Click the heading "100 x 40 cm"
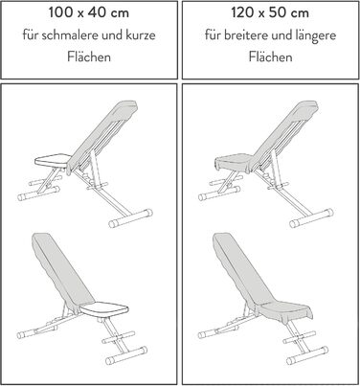pyautogui.click(x=89, y=12)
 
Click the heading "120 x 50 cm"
pyautogui.click(x=270, y=12)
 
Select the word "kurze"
pyautogui.click(x=141, y=34)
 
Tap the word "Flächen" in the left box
pyautogui.click(x=89, y=57)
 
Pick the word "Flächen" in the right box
pyautogui.click(x=270, y=57)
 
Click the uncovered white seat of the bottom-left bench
pyautogui.click(x=104, y=309)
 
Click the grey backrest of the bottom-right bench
pyautogui.click(x=241, y=271)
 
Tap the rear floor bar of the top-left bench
pyautogui.click(x=130, y=218)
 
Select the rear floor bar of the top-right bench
pyautogui.click(x=311, y=218)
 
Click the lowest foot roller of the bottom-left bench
pyautogui.click(x=126, y=355)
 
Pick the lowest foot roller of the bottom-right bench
pyautogui.click(x=307, y=355)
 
